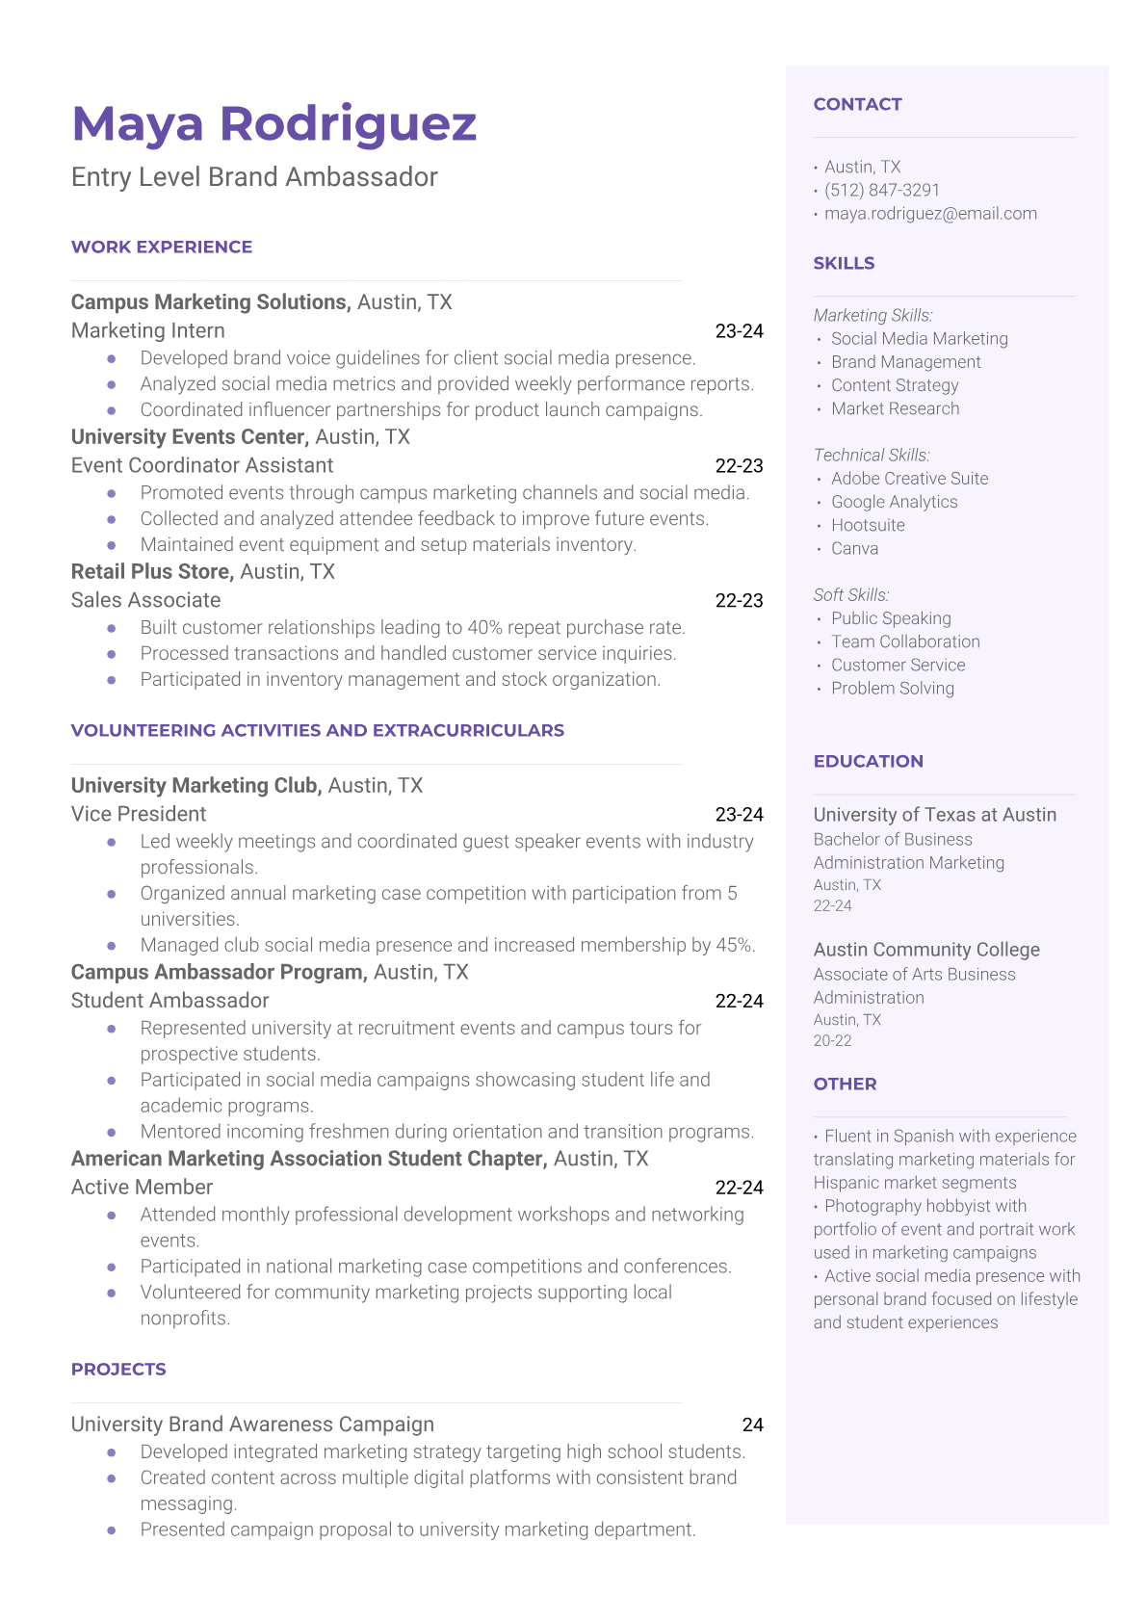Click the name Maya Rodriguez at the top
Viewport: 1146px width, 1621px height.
point(274,124)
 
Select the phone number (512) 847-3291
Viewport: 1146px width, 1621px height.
point(881,190)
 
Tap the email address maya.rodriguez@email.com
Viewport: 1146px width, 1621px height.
point(930,214)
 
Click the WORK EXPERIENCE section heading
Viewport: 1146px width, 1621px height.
point(162,248)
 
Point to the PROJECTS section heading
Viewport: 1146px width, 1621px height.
point(118,1370)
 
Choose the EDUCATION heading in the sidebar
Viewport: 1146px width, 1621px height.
point(868,761)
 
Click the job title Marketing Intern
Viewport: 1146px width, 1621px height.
point(148,330)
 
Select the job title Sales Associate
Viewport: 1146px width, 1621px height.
point(145,600)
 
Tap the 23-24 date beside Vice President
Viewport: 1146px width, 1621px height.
point(739,814)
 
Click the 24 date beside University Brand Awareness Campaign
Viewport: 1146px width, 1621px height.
point(752,1425)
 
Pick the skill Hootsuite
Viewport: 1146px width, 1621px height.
point(868,525)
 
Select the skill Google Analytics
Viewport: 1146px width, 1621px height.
point(894,502)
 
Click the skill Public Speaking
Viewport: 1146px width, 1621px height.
point(891,618)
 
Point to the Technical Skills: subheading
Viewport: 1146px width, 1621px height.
point(872,455)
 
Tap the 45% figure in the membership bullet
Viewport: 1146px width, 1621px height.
point(735,945)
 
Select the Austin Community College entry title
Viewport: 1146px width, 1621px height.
point(926,950)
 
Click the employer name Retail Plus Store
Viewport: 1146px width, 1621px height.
point(152,571)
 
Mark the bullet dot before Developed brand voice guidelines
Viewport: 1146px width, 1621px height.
point(112,358)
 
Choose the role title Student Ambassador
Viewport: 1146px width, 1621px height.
point(169,1001)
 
